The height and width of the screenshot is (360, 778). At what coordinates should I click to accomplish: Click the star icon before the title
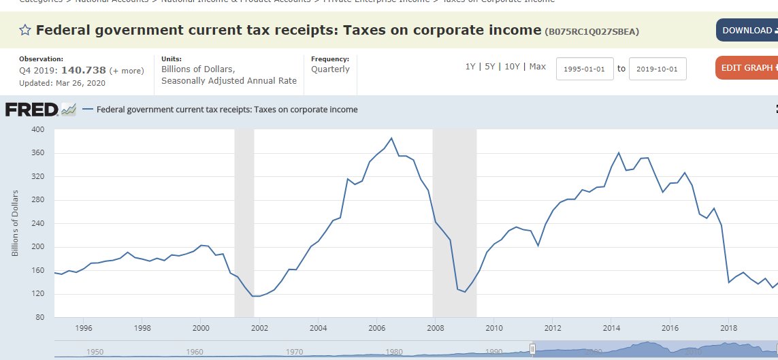25,30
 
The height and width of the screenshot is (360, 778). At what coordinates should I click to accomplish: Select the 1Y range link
470,67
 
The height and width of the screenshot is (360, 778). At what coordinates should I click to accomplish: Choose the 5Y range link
490,67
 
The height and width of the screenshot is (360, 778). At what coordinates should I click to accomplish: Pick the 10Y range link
512,67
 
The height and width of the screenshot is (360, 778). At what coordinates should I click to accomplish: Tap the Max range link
538,67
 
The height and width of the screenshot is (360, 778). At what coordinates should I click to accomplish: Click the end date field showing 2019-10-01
658,69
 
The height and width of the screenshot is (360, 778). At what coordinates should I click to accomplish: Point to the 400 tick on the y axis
38,129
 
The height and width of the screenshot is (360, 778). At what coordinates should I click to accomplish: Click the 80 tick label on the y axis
40,318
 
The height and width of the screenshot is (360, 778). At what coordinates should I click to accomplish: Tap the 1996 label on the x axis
84,328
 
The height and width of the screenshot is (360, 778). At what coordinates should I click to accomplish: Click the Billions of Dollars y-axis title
15,223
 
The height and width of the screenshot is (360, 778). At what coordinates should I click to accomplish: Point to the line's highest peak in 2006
391,138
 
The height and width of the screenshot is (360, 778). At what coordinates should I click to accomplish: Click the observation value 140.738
84,70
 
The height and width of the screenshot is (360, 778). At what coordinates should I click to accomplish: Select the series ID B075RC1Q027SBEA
592,31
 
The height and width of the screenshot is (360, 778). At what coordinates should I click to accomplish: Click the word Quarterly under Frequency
330,69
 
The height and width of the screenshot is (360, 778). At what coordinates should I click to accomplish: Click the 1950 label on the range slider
95,352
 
